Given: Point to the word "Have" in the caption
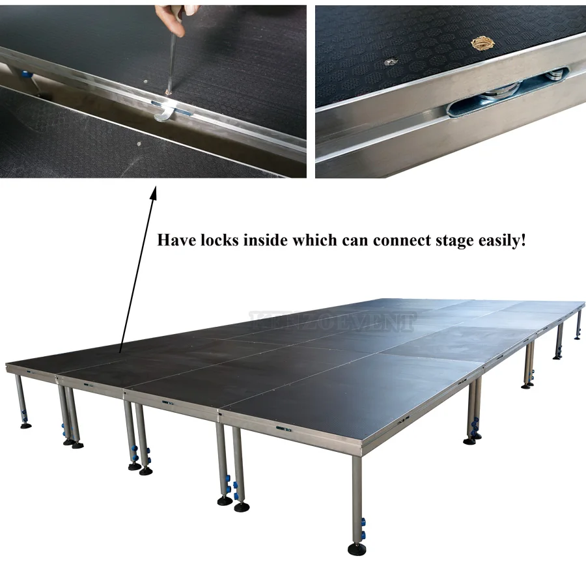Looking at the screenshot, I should click(x=176, y=240).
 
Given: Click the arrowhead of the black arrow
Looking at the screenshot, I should click(x=154, y=193).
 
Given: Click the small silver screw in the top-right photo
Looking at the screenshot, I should click(x=389, y=61).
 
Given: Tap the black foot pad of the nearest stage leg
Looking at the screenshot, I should click(x=357, y=549).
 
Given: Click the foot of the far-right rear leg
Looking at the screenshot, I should click(x=577, y=337).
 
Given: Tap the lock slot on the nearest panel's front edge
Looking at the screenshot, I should click(x=281, y=428).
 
